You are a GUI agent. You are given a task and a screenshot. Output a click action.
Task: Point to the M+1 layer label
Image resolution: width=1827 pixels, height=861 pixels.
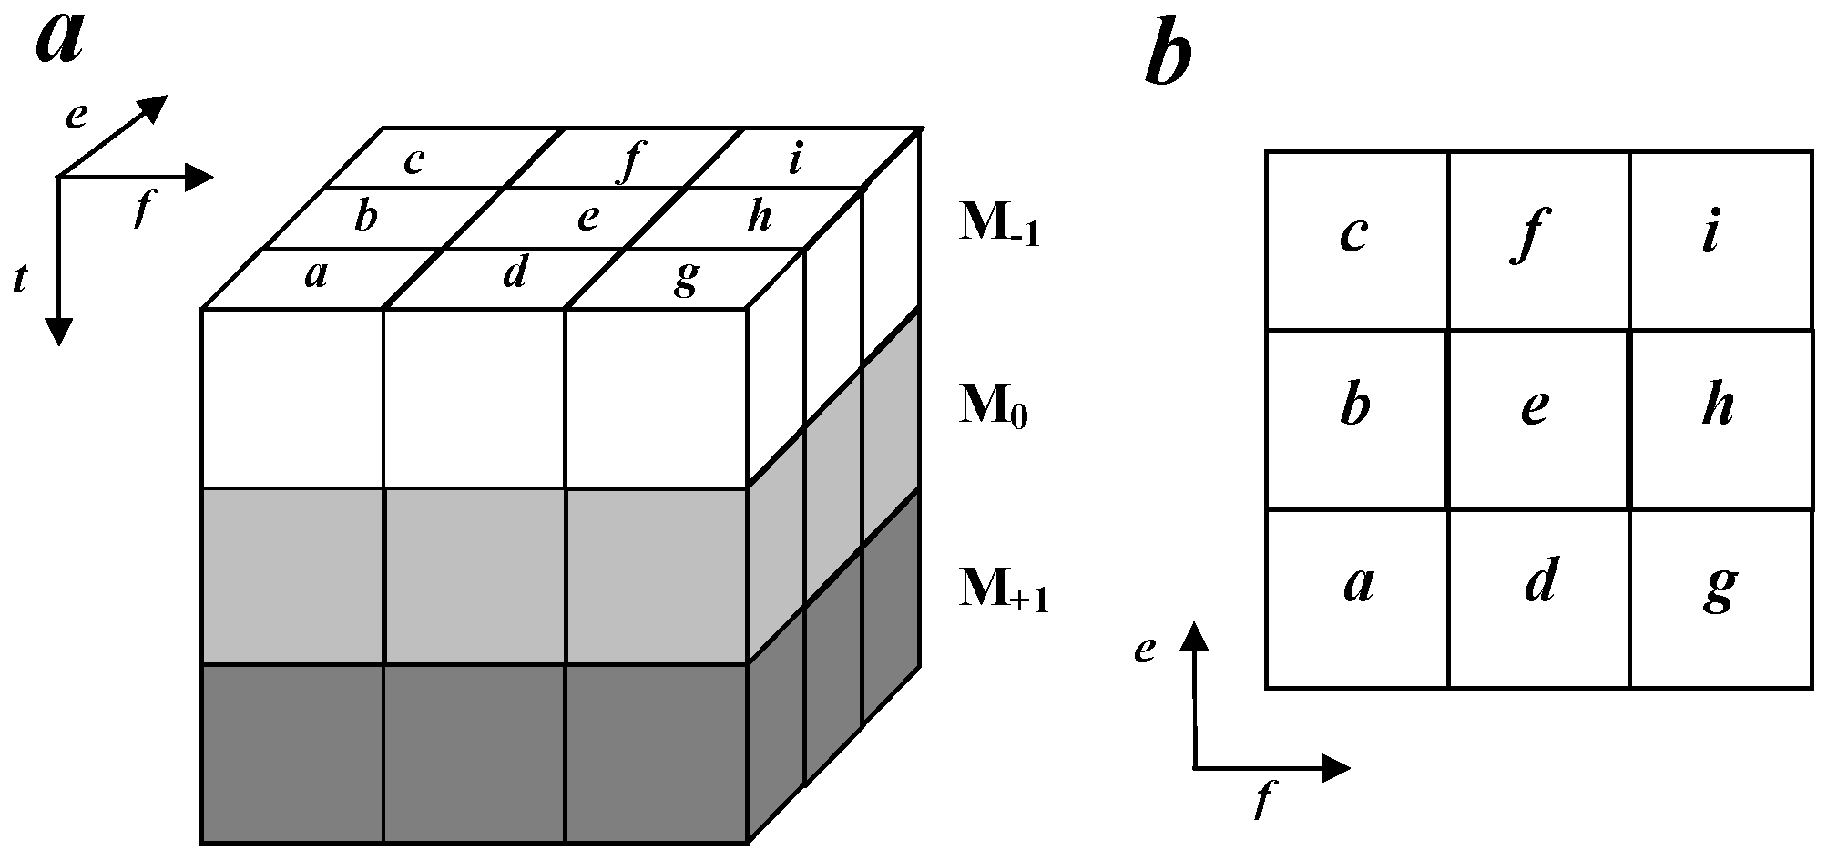click(x=1003, y=589)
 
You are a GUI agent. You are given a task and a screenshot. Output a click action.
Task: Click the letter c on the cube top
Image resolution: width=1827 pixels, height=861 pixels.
click(x=413, y=161)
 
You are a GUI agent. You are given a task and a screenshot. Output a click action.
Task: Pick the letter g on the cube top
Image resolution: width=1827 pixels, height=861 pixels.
click(x=685, y=278)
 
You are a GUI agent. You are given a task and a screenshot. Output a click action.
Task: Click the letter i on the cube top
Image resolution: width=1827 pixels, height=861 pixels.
click(x=795, y=160)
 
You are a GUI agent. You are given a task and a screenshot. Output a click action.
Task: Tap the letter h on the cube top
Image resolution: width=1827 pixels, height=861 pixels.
click(x=758, y=217)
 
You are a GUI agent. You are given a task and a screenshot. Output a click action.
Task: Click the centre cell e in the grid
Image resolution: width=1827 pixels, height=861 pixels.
click(x=1536, y=407)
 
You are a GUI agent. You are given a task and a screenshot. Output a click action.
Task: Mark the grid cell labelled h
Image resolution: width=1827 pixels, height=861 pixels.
click(x=1718, y=405)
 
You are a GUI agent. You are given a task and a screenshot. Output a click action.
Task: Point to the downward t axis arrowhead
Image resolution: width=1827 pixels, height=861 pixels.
click(x=58, y=332)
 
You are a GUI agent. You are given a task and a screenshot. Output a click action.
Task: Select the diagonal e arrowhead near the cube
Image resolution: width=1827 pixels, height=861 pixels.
click(x=154, y=107)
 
